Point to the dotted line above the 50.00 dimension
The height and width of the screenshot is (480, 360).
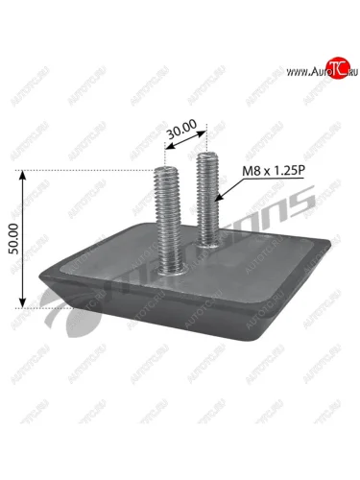86,171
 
